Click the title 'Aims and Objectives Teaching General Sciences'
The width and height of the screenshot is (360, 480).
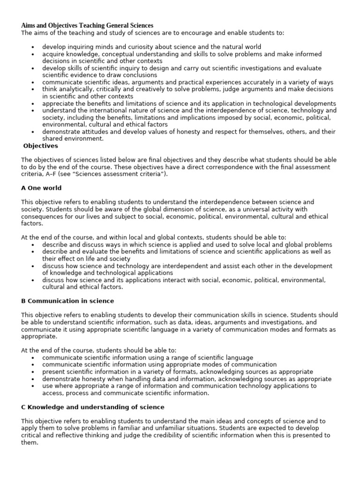(x=87, y=25)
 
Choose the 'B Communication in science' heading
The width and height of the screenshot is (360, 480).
(x=67, y=300)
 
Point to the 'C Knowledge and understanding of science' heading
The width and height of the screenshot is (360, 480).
(x=93, y=407)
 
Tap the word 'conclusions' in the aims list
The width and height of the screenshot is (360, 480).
(x=140, y=75)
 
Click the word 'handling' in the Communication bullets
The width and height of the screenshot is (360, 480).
(x=135, y=379)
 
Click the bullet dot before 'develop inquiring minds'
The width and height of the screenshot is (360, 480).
(x=32, y=47)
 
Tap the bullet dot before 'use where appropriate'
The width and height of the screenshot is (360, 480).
(x=32, y=386)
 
